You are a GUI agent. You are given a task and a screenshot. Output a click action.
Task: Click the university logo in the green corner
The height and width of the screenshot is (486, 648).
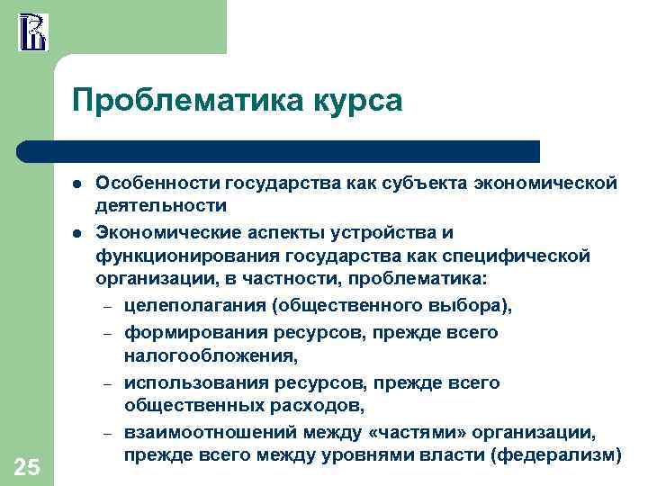point(32,31)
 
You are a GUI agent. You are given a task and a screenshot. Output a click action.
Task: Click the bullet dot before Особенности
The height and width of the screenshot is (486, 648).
point(78,184)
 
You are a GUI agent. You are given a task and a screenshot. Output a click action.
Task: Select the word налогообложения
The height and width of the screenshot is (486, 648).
point(194,357)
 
